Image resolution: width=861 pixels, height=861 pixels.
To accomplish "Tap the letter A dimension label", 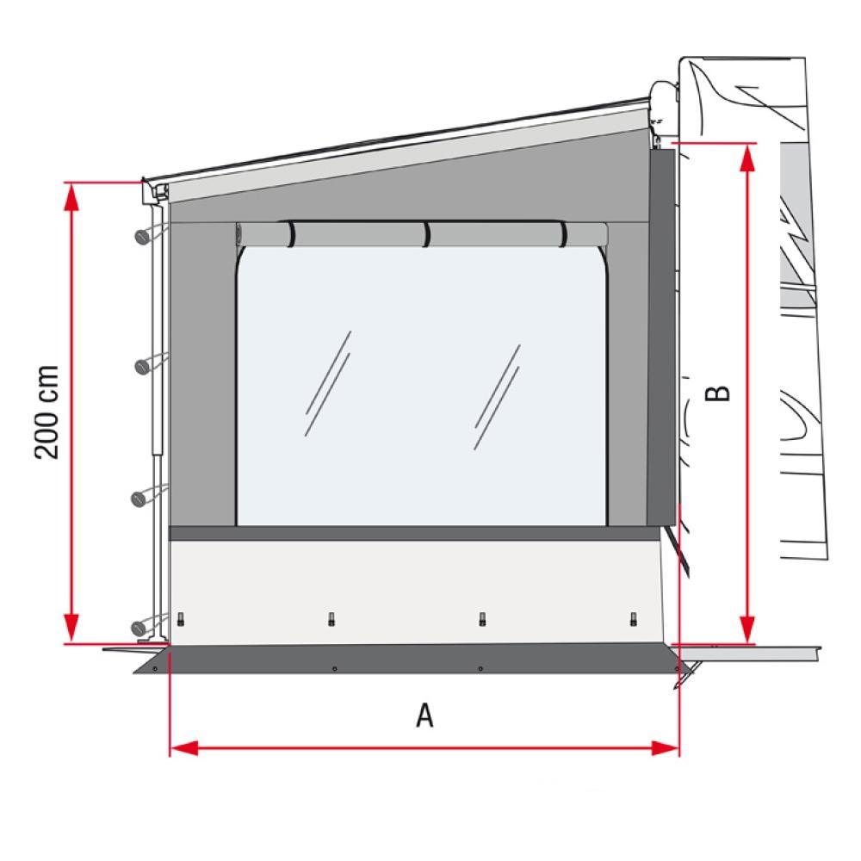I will (424, 715).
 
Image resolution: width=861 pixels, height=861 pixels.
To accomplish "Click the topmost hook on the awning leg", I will (143, 236).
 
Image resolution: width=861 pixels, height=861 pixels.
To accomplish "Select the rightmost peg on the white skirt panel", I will (634, 618).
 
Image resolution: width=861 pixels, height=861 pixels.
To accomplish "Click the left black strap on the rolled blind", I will (291, 234).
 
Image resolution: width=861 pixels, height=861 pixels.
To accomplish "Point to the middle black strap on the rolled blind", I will (426, 235).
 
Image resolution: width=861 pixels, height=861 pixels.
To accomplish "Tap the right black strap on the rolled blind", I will (563, 234).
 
